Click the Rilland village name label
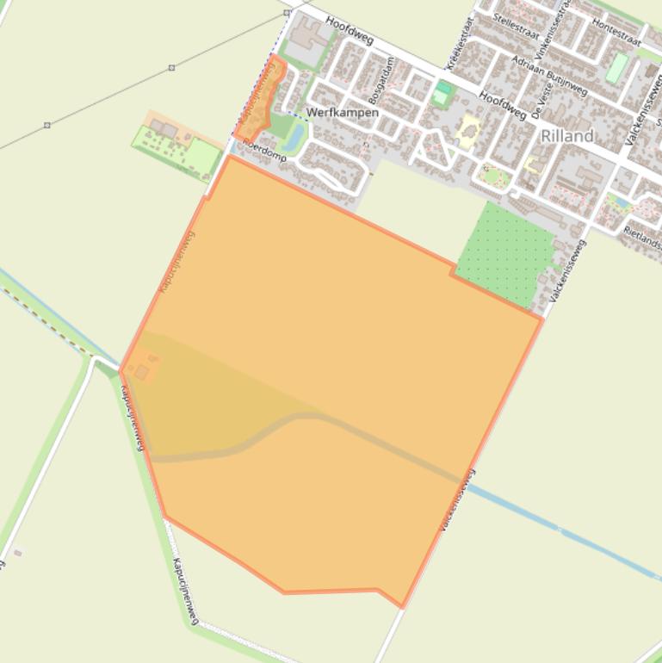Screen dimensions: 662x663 pyautogui.click(x=567, y=135)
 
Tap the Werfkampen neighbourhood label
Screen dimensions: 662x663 pyautogui.click(x=342, y=113)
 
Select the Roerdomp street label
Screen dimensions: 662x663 pyautogui.click(x=263, y=151)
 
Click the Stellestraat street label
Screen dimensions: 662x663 pyautogui.click(x=517, y=22)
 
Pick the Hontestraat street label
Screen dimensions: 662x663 pyautogui.click(x=617, y=34)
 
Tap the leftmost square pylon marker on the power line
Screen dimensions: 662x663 pyautogui.click(x=46, y=126)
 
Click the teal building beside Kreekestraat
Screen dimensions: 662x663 pyautogui.click(x=442, y=91)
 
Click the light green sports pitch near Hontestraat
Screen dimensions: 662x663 pyautogui.click(x=616, y=68)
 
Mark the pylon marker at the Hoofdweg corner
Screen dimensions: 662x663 pyautogui.click(x=287, y=13)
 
